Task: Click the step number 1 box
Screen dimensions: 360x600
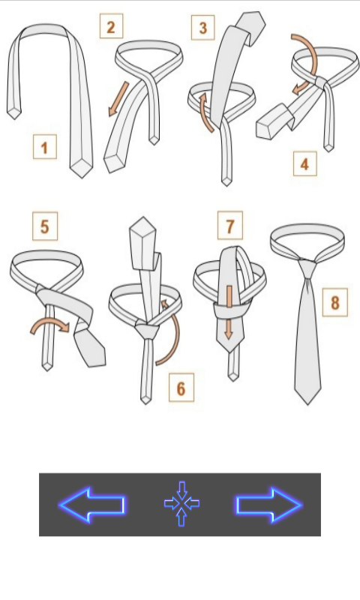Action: (45, 146)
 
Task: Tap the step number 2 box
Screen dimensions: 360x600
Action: (111, 26)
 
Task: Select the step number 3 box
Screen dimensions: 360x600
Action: (202, 28)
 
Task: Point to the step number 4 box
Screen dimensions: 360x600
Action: (305, 163)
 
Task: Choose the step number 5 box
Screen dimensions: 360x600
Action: (45, 226)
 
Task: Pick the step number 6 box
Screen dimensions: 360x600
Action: (181, 388)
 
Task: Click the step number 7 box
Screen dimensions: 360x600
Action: (230, 226)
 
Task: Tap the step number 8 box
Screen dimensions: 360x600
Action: (334, 302)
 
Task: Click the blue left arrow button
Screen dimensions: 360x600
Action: (91, 505)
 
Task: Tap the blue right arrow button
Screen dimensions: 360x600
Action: (269, 505)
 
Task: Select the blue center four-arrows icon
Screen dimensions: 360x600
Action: (181, 503)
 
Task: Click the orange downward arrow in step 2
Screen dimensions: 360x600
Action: (118, 99)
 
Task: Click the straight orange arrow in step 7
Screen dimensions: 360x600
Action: (229, 312)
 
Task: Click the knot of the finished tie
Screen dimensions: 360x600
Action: (307, 268)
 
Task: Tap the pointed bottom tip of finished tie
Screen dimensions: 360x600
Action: (308, 403)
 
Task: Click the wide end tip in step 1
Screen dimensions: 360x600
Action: (81, 168)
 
